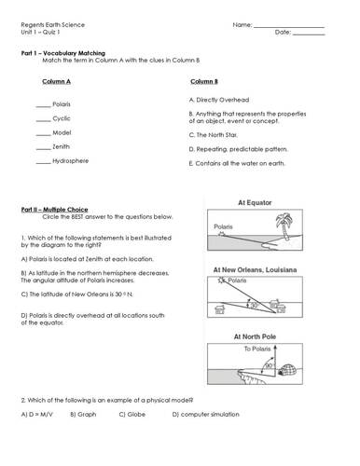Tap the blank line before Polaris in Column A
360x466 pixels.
42,105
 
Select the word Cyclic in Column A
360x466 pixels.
62,119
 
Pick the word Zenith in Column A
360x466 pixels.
62,148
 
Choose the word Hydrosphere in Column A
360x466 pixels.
71,162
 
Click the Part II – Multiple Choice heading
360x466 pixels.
54,210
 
